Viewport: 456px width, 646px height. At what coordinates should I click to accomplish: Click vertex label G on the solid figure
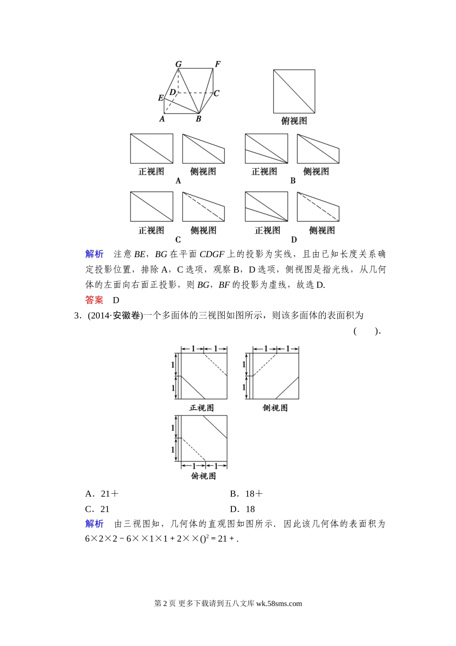(179, 64)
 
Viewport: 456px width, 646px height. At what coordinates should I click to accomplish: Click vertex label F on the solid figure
(217, 64)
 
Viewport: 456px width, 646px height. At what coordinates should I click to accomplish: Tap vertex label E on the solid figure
(161, 98)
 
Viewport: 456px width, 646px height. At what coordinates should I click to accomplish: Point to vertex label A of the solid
(162, 118)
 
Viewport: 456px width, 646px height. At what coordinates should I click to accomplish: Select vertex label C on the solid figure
(216, 93)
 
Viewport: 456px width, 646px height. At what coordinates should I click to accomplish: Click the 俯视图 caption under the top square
(294, 121)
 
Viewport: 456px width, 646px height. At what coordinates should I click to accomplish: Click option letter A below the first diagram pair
(178, 181)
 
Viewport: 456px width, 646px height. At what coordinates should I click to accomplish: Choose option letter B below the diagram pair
(293, 181)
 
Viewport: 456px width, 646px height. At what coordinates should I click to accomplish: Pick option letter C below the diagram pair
(178, 239)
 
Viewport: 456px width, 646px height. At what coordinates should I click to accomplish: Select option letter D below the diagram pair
(294, 239)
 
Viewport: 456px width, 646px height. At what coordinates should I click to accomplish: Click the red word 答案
(94, 300)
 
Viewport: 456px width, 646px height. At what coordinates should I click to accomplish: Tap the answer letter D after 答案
(116, 300)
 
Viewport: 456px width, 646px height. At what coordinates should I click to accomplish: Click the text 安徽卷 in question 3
(127, 315)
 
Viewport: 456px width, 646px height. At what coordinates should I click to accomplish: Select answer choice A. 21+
(102, 494)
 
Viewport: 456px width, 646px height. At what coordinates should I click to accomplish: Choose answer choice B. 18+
(246, 494)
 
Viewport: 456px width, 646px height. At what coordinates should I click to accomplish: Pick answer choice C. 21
(97, 509)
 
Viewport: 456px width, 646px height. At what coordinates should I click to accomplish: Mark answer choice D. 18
(242, 509)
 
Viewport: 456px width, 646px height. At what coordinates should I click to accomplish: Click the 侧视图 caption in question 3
(275, 408)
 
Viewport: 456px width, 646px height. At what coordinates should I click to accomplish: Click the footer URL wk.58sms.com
(279, 604)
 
